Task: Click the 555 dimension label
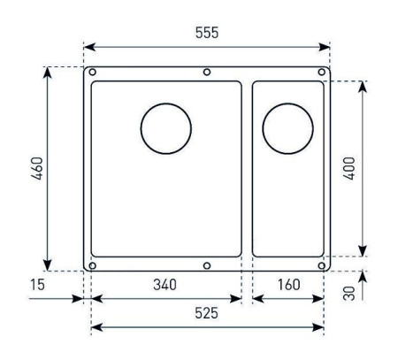[x=207, y=33]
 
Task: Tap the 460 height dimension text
[x=38, y=169]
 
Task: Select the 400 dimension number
[x=349, y=168]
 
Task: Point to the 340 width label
[x=165, y=285]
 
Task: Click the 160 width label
[x=289, y=285]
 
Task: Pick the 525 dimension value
[x=206, y=313]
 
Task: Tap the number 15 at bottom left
[x=37, y=285]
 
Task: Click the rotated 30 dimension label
[x=349, y=294]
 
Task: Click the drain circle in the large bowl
[x=166, y=103]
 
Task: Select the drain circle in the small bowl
[x=287, y=103]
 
